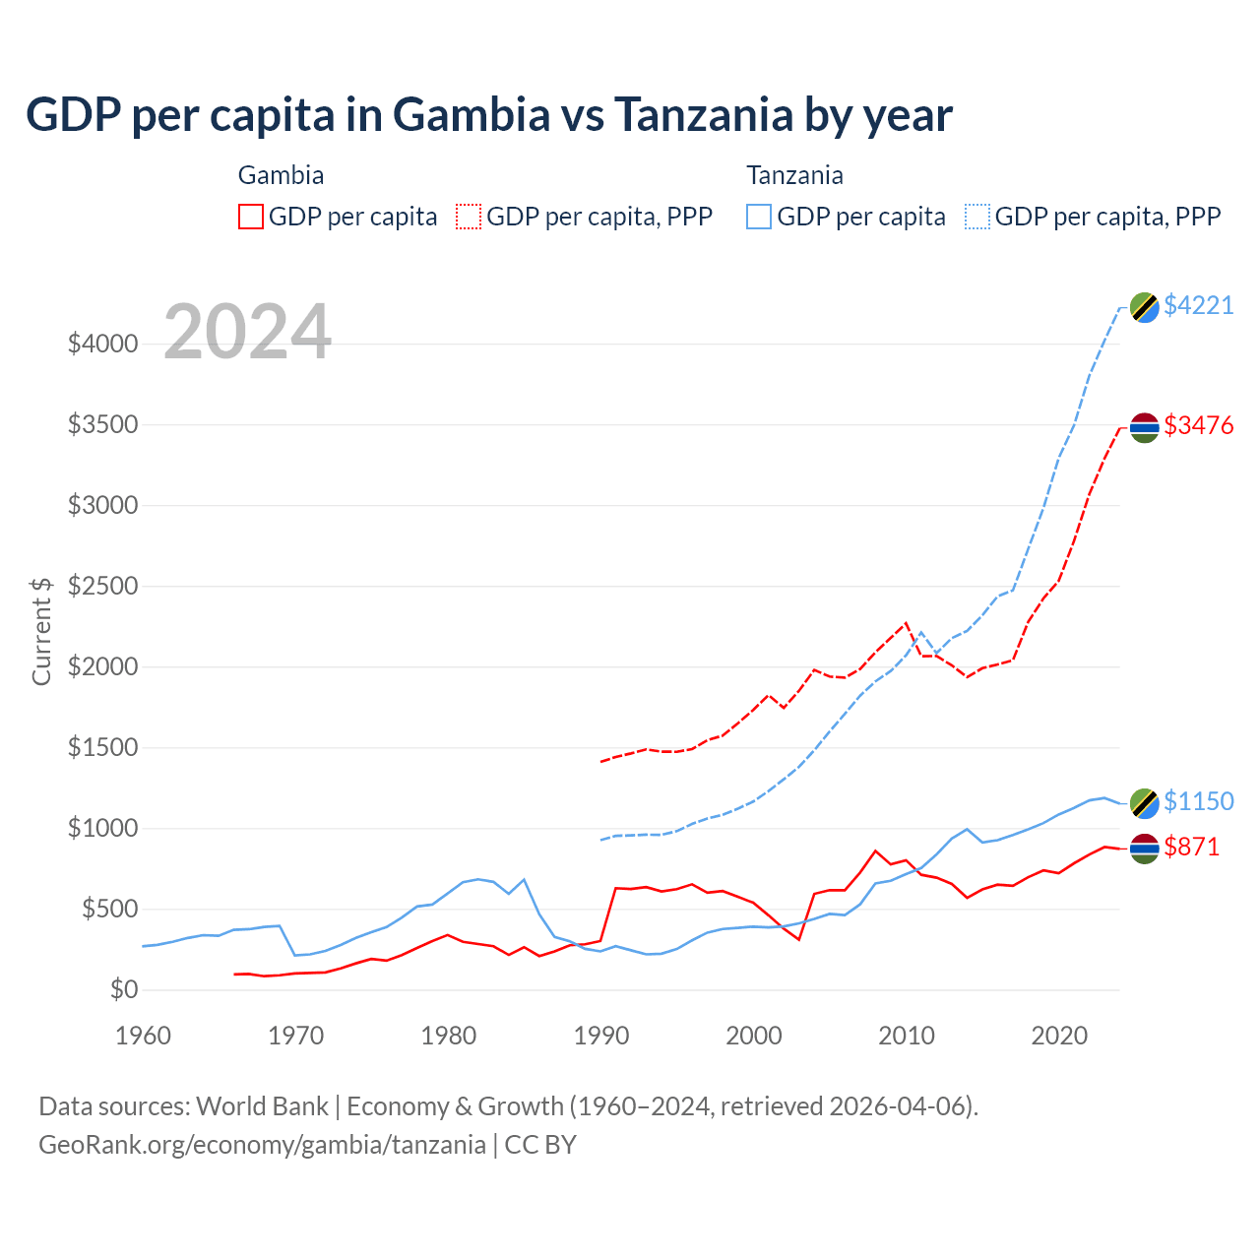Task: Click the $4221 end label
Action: pyautogui.click(x=1198, y=305)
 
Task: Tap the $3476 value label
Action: pyautogui.click(x=1198, y=425)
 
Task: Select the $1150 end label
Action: pyautogui.click(x=1198, y=801)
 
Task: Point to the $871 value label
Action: pyautogui.click(x=1191, y=847)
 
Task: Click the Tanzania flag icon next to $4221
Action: pyautogui.click(x=1144, y=307)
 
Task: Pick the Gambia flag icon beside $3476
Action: pyautogui.click(x=1144, y=427)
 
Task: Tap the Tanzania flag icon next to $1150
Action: pyautogui.click(x=1144, y=803)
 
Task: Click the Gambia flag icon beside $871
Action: pyautogui.click(x=1144, y=849)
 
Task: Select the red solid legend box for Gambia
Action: pyautogui.click(x=251, y=217)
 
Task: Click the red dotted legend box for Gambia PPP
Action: pyautogui.click(x=469, y=217)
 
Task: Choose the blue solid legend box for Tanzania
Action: pyautogui.click(x=759, y=217)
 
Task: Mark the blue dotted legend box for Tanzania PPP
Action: pyautogui.click(x=977, y=217)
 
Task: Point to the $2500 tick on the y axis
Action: pyautogui.click(x=102, y=587)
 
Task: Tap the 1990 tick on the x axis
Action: pyautogui.click(x=601, y=1036)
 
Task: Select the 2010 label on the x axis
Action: pyautogui.click(x=907, y=1036)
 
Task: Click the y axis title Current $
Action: pyautogui.click(x=41, y=631)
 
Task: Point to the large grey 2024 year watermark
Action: pyautogui.click(x=247, y=333)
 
